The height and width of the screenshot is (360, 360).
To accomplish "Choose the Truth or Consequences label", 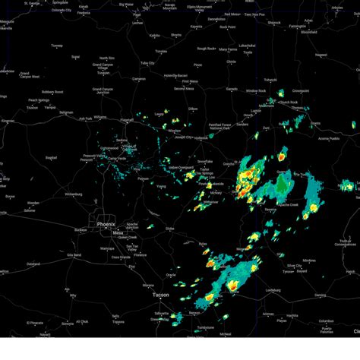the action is click(345, 243).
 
